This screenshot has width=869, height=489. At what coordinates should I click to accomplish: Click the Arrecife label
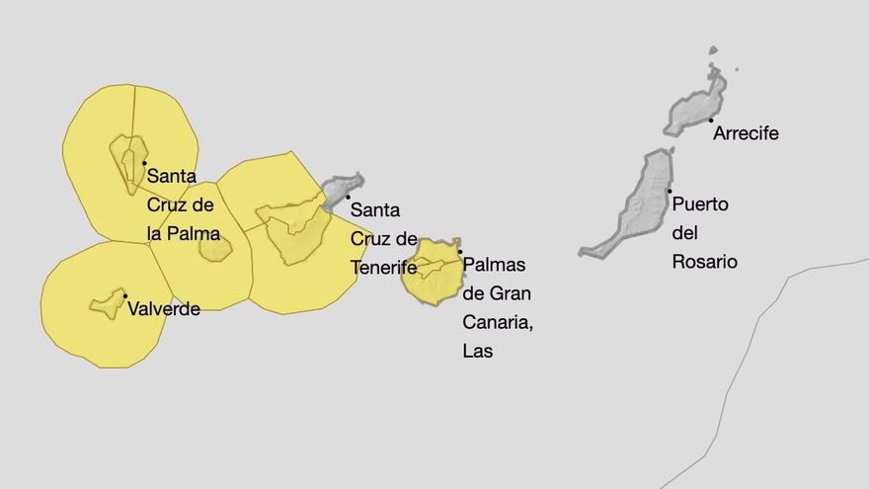click(x=746, y=133)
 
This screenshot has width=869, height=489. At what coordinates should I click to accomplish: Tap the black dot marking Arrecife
click(x=711, y=121)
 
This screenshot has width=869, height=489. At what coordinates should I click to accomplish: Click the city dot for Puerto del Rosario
click(x=670, y=191)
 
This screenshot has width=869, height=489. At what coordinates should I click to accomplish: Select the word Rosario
click(x=704, y=262)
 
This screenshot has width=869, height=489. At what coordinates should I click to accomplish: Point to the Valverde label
click(x=164, y=309)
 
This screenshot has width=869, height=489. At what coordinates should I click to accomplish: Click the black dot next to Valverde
click(x=125, y=295)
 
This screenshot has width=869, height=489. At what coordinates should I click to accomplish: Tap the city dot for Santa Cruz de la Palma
click(x=144, y=163)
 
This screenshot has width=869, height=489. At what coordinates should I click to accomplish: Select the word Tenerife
click(x=383, y=268)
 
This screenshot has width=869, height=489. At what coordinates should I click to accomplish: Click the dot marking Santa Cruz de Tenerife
click(x=348, y=197)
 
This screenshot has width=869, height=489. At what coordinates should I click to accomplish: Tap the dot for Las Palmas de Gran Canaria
click(x=460, y=251)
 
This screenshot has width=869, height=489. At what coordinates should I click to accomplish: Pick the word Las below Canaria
click(x=477, y=351)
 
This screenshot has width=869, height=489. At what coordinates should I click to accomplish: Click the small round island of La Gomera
click(x=215, y=248)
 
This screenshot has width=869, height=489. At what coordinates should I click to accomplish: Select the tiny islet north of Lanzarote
click(x=713, y=50)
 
